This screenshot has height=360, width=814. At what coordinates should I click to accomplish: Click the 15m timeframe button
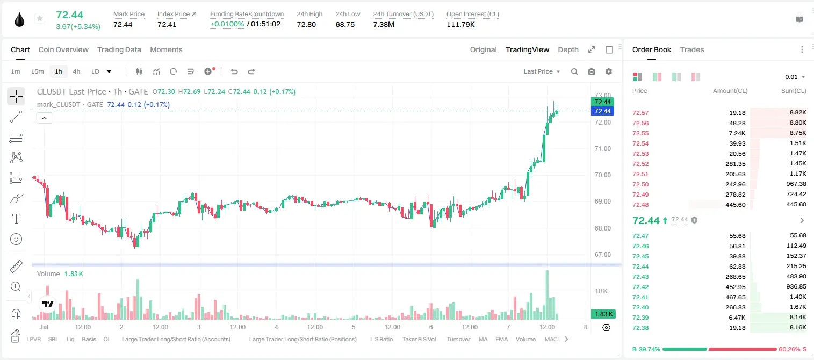[x=38, y=71]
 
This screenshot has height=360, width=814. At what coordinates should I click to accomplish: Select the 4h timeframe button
[x=76, y=71]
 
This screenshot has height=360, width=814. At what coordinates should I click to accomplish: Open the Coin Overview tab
[x=63, y=49]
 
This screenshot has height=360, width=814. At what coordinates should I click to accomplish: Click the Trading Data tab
[x=119, y=49]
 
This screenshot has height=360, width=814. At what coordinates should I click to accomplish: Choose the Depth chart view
[x=568, y=50]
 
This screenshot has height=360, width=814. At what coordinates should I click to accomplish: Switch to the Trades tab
[x=692, y=49]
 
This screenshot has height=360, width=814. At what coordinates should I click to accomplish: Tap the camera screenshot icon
[x=592, y=71]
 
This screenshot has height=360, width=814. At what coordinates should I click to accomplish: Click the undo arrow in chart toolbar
[x=234, y=71]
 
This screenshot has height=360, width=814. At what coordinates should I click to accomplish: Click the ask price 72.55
[x=640, y=133]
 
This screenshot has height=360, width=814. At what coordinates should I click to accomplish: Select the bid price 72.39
[x=640, y=318]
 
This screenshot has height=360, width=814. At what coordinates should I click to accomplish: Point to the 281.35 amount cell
[x=736, y=164]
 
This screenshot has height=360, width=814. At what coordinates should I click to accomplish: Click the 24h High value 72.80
[x=306, y=24]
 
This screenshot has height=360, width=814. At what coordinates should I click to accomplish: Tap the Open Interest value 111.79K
[x=460, y=24]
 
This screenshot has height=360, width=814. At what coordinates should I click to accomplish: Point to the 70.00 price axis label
[x=602, y=175]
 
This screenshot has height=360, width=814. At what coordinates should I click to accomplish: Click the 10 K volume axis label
[x=601, y=291]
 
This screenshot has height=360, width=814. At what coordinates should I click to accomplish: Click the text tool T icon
[x=16, y=219]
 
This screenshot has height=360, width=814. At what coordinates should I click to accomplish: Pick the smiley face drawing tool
[x=16, y=239]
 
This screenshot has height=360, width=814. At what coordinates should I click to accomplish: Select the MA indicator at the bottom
[x=483, y=339]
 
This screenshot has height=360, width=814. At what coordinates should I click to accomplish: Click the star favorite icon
[x=40, y=18]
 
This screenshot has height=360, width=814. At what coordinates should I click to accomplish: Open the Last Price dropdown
[x=542, y=71]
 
